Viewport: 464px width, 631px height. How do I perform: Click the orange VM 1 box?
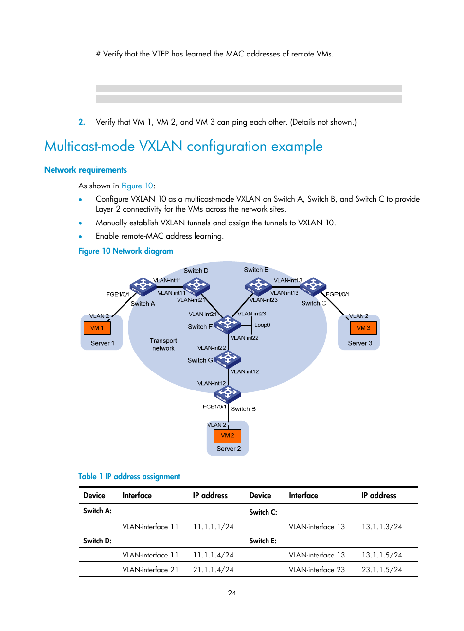pos(97,328)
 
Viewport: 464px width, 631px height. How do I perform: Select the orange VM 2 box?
pos(227,436)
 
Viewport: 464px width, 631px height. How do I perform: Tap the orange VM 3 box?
pos(363,328)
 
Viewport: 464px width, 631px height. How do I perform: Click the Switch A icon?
pos(143,287)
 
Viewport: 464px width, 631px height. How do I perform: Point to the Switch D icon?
pos(196,287)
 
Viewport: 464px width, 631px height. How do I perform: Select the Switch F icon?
pos(227,324)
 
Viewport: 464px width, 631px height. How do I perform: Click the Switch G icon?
pos(228,359)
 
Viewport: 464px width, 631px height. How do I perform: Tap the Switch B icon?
pos(228,393)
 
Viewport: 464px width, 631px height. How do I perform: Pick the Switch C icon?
pos(313,287)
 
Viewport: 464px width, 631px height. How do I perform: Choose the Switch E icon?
pos(258,287)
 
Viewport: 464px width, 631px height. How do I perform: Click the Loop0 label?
pos(262,325)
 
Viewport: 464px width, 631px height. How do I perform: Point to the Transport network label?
pos(163,345)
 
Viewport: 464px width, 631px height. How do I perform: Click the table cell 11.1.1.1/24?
pos(213,527)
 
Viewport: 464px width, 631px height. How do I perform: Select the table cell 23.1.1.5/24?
pos(382,570)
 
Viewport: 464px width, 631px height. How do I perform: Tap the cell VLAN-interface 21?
pos(150,570)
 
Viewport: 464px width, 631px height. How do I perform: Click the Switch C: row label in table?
pos(263,512)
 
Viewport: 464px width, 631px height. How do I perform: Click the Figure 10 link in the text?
pos(137,186)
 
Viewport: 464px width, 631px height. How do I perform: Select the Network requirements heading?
pos(86,170)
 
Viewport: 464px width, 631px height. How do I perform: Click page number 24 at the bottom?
pos(232,593)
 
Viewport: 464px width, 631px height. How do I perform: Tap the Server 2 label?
pos(229,449)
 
